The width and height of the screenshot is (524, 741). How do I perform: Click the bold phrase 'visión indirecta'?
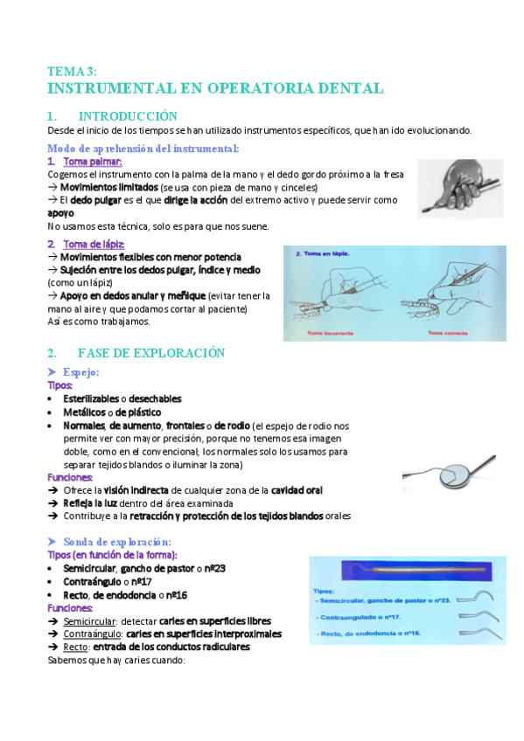[136, 491]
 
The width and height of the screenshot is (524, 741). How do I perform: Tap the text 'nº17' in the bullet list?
[139, 582]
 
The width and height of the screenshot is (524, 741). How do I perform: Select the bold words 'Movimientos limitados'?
[108, 187]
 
